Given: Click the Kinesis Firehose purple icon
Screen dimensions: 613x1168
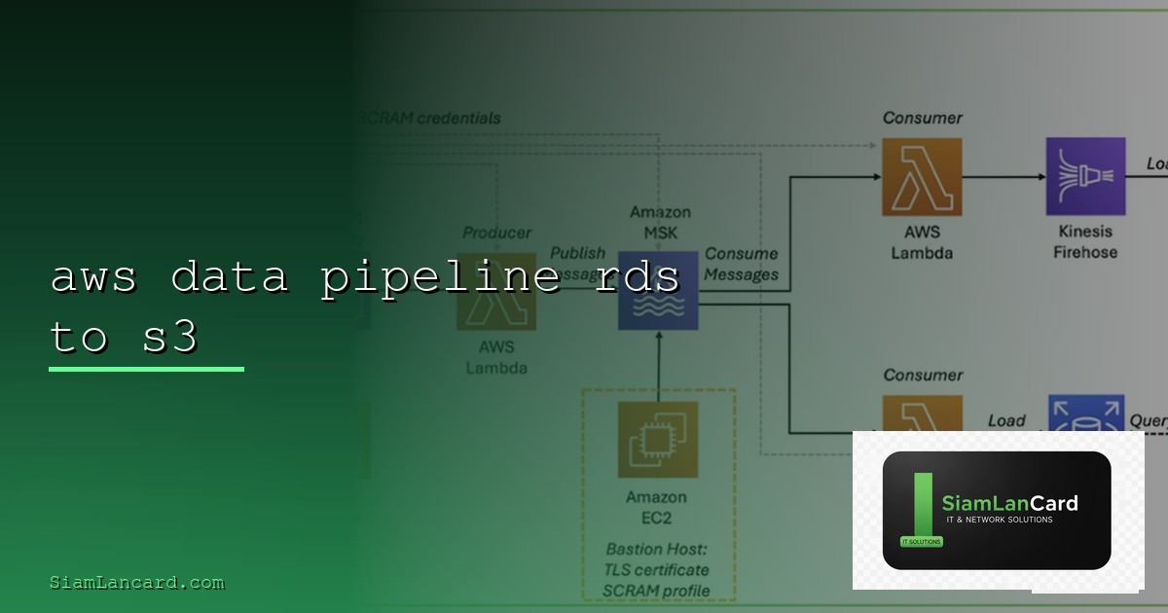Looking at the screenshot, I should [x=1085, y=176].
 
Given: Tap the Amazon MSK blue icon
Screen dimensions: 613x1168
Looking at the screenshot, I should [x=658, y=291].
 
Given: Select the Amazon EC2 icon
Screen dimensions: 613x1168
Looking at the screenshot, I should [x=658, y=440].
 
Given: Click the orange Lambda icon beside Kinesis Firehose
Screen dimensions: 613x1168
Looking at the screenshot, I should [x=922, y=176].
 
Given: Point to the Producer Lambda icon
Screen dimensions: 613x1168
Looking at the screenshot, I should [x=496, y=291].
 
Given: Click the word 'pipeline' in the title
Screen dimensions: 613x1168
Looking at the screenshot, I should [x=441, y=278].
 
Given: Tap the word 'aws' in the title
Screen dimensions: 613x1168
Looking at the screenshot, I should [x=93, y=278].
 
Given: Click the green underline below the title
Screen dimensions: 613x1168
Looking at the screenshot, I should [x=146, y=369].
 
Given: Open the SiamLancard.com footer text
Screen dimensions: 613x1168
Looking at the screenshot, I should [x=137, y=583].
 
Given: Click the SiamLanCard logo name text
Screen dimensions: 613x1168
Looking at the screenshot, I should [x=1009, y=503].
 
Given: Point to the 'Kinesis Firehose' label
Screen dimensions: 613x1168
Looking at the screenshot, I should [x=1085, y=242].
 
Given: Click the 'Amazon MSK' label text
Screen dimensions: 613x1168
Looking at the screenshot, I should [x=660, y=223].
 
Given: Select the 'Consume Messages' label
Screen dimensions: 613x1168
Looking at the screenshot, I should [x=741, y=264].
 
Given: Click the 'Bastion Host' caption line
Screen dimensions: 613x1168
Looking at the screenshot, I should [x=658, y=550].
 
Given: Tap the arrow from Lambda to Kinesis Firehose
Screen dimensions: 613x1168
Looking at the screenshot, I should [x=1004, y=177].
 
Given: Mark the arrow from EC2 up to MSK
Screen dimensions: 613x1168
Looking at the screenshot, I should [x=659, y=365].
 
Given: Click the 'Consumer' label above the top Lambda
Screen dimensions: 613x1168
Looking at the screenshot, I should [x=922, y=118].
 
